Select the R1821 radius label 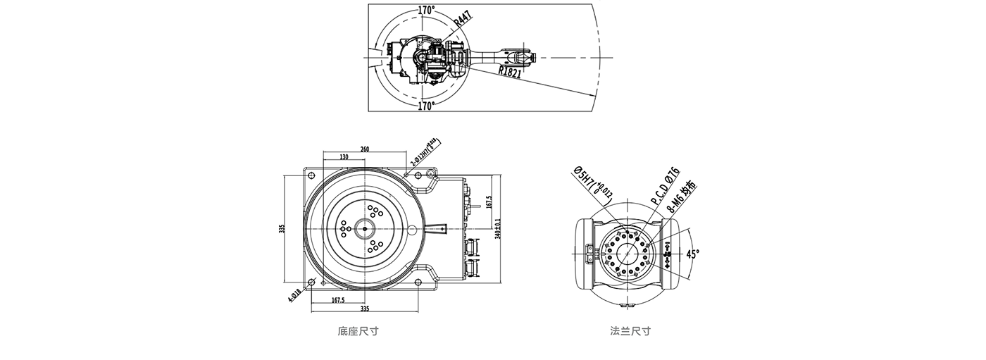point(509,71)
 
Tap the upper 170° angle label point(426,11)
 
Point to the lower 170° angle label point(425,106)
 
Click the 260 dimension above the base point(365,149)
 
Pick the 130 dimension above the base point(343,157)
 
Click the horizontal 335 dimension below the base point(365,309)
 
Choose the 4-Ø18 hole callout point(295,294)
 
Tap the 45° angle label point(693,254)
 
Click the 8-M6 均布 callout point(681,198)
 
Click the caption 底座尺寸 point(358,331)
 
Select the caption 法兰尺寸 point(630,331)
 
